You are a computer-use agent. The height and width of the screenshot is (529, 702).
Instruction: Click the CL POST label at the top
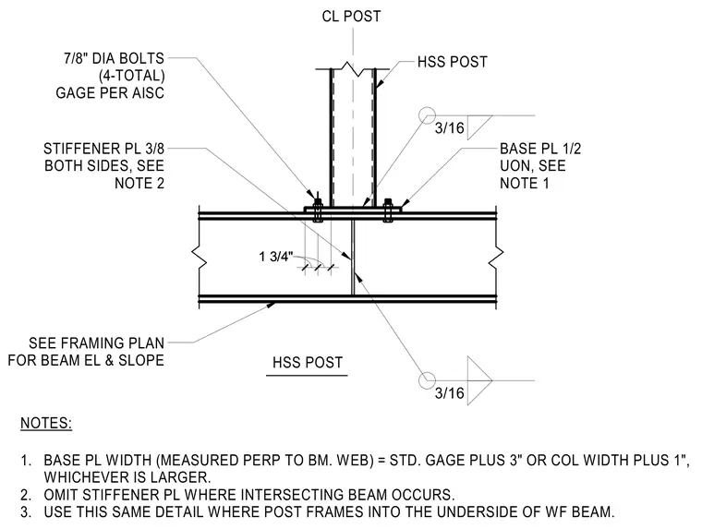point(351,16)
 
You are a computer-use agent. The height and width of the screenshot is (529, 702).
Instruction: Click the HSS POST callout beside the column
point(453,62)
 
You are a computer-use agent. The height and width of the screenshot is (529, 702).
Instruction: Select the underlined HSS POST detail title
point(308,362)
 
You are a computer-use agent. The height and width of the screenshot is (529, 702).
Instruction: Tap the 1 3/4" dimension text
point(276,257)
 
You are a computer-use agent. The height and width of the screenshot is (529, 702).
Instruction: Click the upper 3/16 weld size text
point(450,128)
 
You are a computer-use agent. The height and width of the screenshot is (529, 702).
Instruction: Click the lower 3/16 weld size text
point(450,393)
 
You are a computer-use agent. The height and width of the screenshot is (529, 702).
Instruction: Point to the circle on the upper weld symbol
point(427,115)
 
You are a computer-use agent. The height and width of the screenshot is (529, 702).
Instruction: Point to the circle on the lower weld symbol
point(427,380)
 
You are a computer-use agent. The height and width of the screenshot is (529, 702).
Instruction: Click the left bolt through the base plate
point(318,210)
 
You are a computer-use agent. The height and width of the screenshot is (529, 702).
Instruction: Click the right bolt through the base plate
point(388,210)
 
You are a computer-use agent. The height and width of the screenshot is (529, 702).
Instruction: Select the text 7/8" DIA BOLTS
point(115,58)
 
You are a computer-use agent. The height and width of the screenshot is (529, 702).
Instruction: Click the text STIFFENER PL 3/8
point(103,149)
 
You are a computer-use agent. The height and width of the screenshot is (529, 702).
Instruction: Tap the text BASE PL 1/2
point(540,149)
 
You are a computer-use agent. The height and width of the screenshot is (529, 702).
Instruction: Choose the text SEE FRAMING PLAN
point(97,343)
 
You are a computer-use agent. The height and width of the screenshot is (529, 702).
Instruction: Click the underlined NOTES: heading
point(46,423)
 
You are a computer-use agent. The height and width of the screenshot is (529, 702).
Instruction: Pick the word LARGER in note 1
point(180,477)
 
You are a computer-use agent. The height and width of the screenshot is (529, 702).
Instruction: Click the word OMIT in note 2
point(60,495)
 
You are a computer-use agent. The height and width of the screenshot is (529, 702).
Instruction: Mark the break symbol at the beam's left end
point(199,258)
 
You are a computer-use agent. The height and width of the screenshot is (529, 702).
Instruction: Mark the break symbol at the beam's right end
point(496,258)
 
